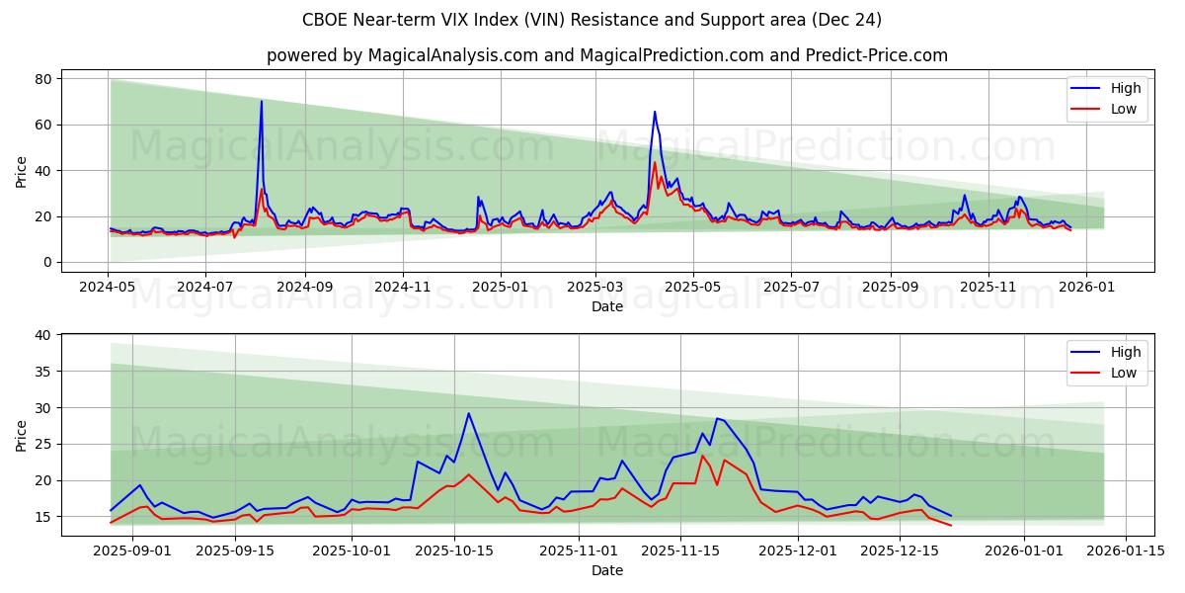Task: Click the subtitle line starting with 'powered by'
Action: pos(606,55)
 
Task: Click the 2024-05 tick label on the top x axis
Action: pos(109,286)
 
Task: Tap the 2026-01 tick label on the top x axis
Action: pos(1086,286)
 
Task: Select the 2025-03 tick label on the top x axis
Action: pos(595,286)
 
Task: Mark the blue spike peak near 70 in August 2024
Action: pos(262,101)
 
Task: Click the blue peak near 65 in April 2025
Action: pos(654,112)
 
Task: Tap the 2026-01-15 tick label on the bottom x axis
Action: pos(1128,550)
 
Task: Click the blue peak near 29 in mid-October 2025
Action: pos(468,413)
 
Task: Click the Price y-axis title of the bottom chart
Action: pos(22,435)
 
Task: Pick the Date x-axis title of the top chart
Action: pos(606,306)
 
